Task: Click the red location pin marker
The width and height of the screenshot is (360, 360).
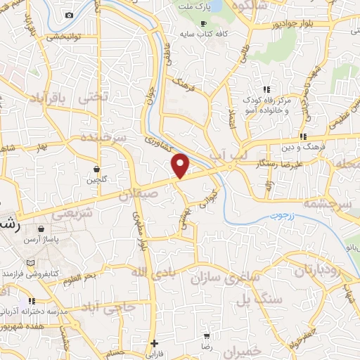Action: click(181, 165)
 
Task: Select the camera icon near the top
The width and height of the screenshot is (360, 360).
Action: click(69, 15)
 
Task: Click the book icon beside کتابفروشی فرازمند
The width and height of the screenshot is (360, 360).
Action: click(29, 262)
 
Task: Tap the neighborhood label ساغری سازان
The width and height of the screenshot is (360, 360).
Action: click(219, 277)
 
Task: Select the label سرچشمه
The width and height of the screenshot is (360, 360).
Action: click(330, 202)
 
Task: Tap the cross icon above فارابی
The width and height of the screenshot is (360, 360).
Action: click(154, 343)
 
